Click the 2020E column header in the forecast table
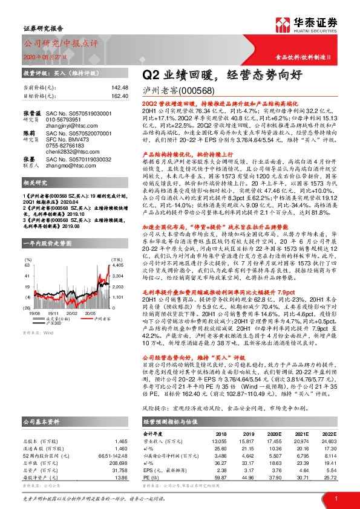pos(275,434)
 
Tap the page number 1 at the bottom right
pos(335,497)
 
